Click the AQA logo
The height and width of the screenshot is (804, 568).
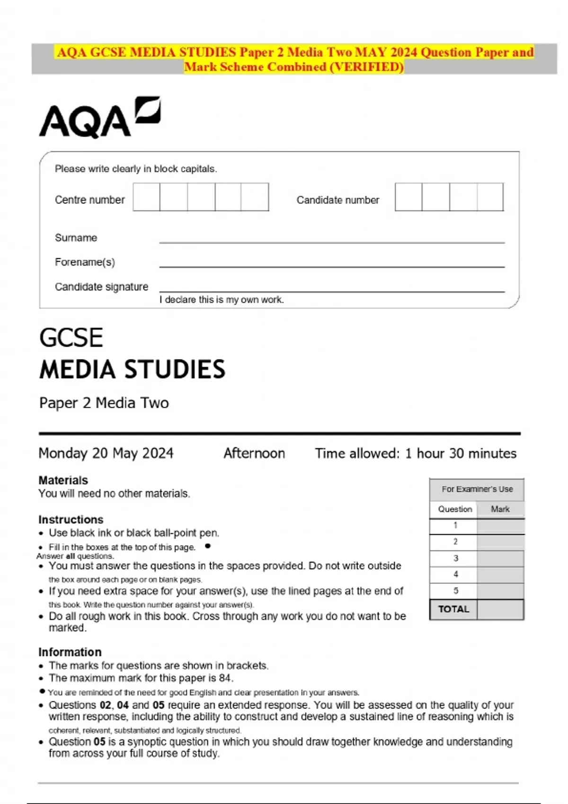pyautogui.click(x=99, y=118)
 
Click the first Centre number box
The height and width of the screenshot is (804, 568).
pyautogui.click(x=146, y=197)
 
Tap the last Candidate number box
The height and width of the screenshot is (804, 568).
pyautogui.click(x=490, y=197)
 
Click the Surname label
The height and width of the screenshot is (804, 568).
pyautogui.click(x=76, y=238)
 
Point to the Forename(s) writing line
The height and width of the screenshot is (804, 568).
pyautogui.click(x=331, y=266)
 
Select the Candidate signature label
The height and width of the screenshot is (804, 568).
pyautogui.click(x=101, y=287)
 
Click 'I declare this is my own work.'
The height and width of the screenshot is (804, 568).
pyautogui.click(x=222, y=300)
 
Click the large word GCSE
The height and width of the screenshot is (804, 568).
pyautogui.click(x=71, y=338)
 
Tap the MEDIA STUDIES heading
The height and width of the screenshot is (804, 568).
pyautogui.click(x=133, y=370)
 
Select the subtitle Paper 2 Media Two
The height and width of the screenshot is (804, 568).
pyautogui.click(x=104, y=403)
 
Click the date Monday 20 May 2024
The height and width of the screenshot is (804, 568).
pyautogui.click(x=106, y=453)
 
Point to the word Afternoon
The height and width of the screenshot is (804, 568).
pyautogui.click(x=254, y=453)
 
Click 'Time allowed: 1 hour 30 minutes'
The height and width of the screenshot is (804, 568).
pyautogui.click(x=416, y=453)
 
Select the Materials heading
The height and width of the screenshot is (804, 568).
pyautogui.click(x=63, y=481)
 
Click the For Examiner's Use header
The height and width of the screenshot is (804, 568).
pyautogui.click(x=477, y=489)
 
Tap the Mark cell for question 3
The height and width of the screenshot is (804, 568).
pyautogui.click(x=500, y=559)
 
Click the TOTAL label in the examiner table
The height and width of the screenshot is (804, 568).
pyautogui.click(x=453, y=609)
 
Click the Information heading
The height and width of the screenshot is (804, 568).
pyautogui.click(x=70, y=652)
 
